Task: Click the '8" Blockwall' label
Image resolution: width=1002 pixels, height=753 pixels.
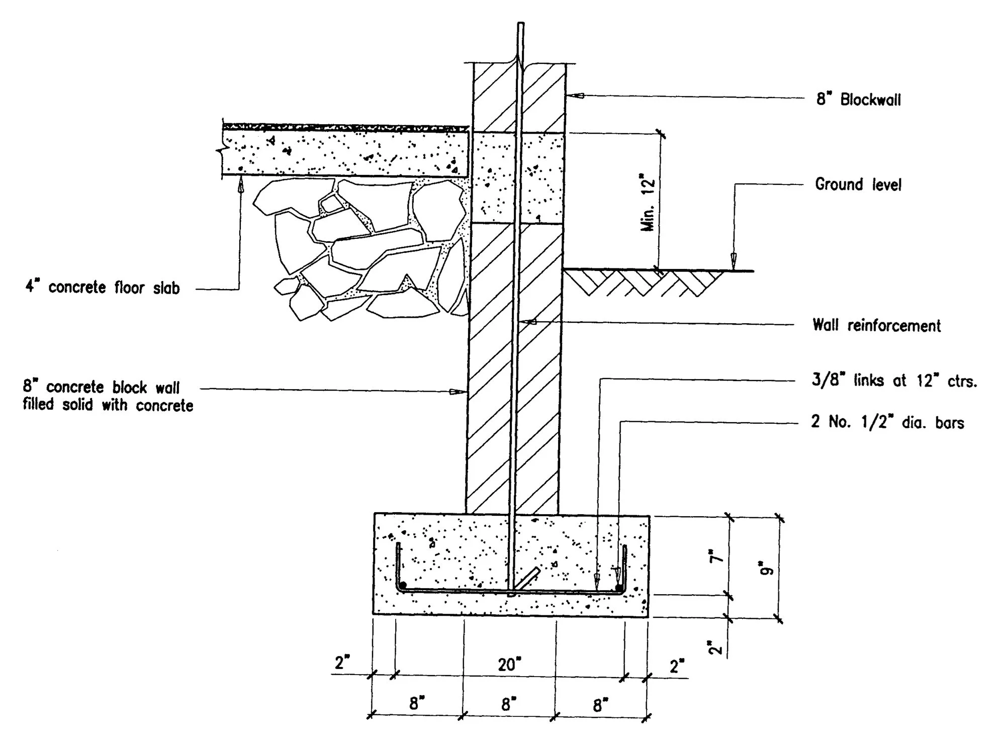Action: tap(858, 100)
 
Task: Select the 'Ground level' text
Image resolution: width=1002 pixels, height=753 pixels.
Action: tap(858, 184)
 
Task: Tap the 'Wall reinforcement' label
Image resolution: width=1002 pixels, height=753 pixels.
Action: tap(876, 325)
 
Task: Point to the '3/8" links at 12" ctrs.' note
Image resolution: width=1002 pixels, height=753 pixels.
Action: tap(894, 381)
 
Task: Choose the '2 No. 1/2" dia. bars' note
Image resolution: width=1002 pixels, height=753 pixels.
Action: tap(887, 422)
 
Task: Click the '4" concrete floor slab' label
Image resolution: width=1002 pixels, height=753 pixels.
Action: tap(103, 288)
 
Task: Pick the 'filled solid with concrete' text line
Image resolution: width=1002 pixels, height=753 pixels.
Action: tap(108, 405)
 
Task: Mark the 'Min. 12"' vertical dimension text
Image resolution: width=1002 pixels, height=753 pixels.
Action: tap(649, 203)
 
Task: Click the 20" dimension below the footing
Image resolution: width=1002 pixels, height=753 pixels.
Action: tap(509, 665)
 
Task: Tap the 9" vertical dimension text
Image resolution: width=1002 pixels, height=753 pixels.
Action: tap(767, 571)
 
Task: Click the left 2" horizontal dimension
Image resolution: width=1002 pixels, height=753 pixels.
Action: tap(342, 663)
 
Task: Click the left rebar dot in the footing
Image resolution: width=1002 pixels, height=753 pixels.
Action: tap(403, 585)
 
